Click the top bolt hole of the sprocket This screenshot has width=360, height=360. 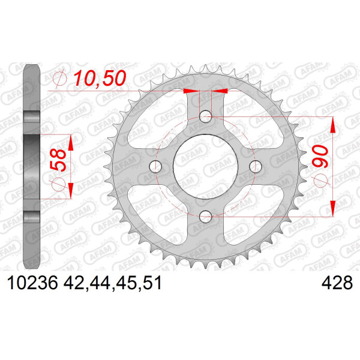[205, 116]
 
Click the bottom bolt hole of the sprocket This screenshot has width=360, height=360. [205, 217]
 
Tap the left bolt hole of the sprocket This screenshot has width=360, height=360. [155, 166]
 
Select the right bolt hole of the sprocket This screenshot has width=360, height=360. [256, 166]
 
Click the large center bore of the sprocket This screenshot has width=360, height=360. [205, 166]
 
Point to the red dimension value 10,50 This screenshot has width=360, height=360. [100, 78]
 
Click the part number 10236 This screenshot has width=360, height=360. [32, 283]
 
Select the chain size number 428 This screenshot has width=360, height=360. [337, 283]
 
